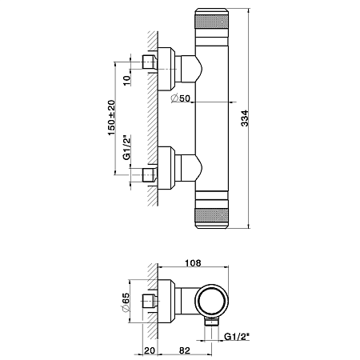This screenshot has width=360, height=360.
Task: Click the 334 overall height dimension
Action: [x=244, y=118]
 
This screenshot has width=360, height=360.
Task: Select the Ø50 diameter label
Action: [x=181, y=98]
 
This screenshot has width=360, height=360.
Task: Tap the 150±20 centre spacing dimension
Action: [x=111, y=118]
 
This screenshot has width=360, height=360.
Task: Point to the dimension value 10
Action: [x=127, y=80]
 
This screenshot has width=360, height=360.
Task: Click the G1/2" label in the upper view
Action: [x=127, y=147]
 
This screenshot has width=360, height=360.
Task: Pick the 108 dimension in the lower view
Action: [x=193, y=263]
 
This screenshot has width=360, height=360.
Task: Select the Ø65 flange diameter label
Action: [x=125, y=302]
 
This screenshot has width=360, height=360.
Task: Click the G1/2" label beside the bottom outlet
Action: [x=237, y=336]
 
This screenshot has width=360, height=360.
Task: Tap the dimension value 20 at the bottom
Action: [x=150, y=350]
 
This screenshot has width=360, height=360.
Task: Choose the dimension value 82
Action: [x=185, y=350]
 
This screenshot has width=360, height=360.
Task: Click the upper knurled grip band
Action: [x=212, y=22]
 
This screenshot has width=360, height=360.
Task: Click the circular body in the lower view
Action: [x=212, y=301]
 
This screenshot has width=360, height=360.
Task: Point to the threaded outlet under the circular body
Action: [x=211, y=322]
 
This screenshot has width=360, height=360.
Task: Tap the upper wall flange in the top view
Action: [x=166, y=69]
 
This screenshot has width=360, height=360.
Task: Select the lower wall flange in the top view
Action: [x=166, y=168]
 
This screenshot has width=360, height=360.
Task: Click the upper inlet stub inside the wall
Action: [x=149, y=62]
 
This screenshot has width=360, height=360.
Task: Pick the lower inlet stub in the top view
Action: [x=149, y=175]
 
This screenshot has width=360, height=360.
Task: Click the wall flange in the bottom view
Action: [x=166, y=301]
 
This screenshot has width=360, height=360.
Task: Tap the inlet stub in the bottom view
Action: [x=149, y=301]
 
